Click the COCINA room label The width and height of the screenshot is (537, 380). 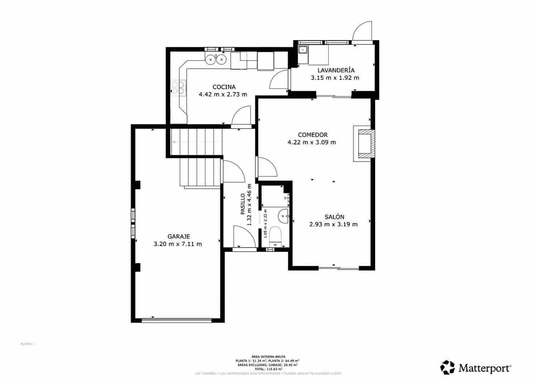(224, 87)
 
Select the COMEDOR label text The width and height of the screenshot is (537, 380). (313, 135)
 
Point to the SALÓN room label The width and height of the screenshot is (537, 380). (334, 217)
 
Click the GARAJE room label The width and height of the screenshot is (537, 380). (178, 236)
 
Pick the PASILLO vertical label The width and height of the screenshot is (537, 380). (242, 204)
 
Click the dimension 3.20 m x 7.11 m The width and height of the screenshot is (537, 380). (178, 244)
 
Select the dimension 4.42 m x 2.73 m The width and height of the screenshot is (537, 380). (223, 95)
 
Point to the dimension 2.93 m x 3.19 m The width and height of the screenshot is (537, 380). (333, 225)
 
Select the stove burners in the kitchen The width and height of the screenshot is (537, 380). (178, 88)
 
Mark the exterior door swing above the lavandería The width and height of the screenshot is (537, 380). (362, 32)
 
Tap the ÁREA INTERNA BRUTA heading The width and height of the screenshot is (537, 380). (268, 357)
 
